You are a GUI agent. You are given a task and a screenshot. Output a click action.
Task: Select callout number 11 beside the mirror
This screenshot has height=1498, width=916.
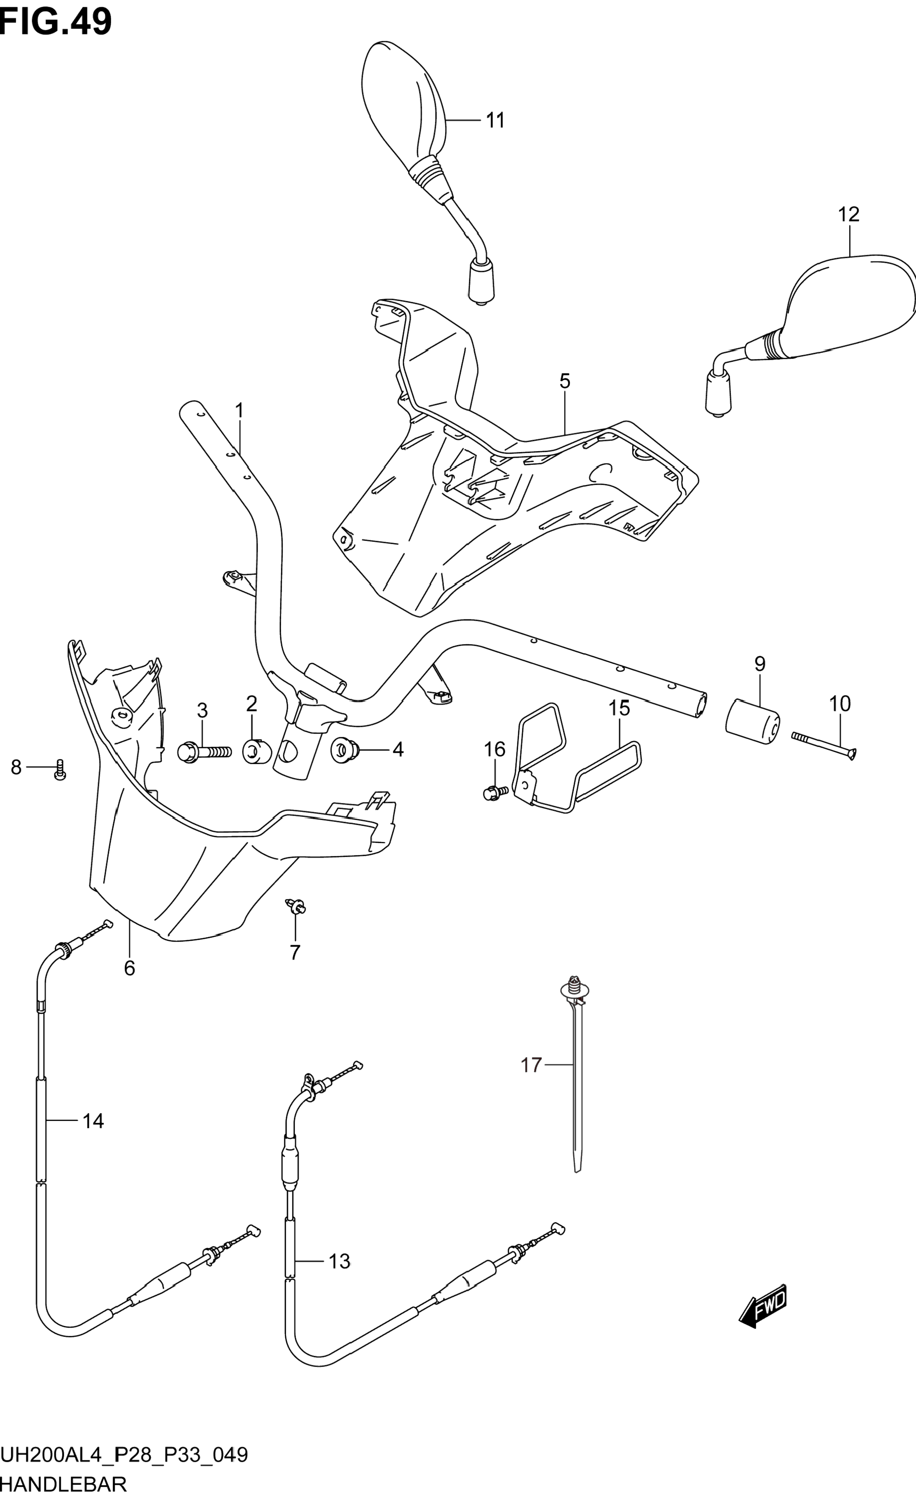point(495,121)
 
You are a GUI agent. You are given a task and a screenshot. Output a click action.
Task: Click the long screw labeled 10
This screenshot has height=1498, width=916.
point(824,746)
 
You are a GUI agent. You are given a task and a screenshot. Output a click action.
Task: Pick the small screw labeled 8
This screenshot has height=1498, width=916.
point(59,770)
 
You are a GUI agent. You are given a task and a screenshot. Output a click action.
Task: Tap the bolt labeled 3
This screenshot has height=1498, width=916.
point(204,753)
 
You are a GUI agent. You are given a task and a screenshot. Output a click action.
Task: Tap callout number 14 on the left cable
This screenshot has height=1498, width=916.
point(93,1121)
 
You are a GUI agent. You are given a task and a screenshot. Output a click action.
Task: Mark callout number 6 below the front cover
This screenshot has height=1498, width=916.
point(130,968)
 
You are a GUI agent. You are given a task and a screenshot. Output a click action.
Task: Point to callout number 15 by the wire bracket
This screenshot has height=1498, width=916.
point(619,708)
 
